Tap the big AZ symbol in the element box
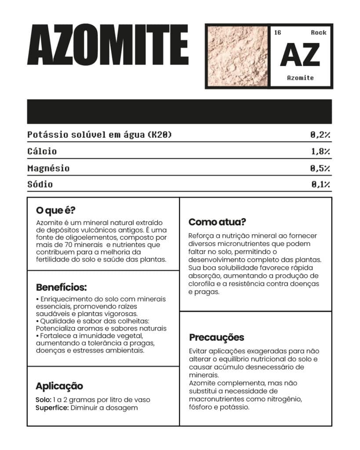click(300, 55)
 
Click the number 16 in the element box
click(277, 33)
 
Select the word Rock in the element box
click(319, 33)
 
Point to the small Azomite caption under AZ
click(300, 78)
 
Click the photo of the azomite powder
click(237, 56)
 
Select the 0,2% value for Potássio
click(320, 134)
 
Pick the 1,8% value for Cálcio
click(320, 152)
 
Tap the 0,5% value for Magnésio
click(320, 168)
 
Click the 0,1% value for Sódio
click(320, 185)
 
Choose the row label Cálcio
click(42, 152)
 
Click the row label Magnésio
click(48, 168)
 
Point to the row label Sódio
click(40, 185)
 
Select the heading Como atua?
click(217, 222)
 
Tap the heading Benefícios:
click(61, 288)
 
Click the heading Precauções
click(217, 338)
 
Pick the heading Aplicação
click(59, 386)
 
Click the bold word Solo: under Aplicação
click(43, 400)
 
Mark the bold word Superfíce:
click(52, 408)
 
